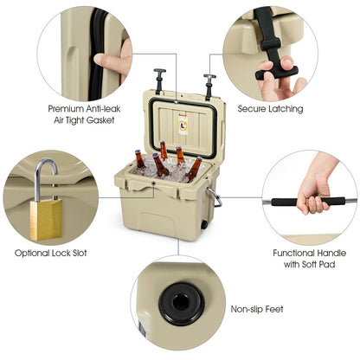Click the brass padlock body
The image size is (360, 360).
pyautogui.click(x=46, y=220)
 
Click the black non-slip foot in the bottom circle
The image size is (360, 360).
pyautogui.click(x=182, y=304)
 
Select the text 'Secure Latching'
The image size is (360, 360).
pyautogui.click(x=270, y=109)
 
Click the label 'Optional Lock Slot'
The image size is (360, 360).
pyautogui.click(x=51, y=253)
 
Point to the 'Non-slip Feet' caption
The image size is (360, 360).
pyautogui.click(x=257, y=309)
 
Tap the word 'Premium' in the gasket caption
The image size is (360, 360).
pyautogui.click(x=66, y=109)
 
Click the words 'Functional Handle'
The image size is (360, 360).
pyautogui.click(x=310, y=253)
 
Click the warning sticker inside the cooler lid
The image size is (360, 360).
pyautogui.click(x=183, y=125)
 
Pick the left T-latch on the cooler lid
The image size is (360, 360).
pyautogui.click(x=158, y=80)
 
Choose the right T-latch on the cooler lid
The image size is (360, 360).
pyautogui.click(x=209, y=87)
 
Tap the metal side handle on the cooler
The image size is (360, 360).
pyautogui.click(x=215, y=196)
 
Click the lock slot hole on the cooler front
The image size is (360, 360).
pyautogui.click(x=154, y=183)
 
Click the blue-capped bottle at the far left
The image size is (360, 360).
pyautogui.click(x=139, y=159)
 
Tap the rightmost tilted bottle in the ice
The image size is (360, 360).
pyautogui.click(x=194, y=170)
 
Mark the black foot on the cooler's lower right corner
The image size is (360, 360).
pyautogui.click(x=204, y=224)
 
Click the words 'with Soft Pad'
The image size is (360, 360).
pyautogui.click(x=310, y=264)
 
